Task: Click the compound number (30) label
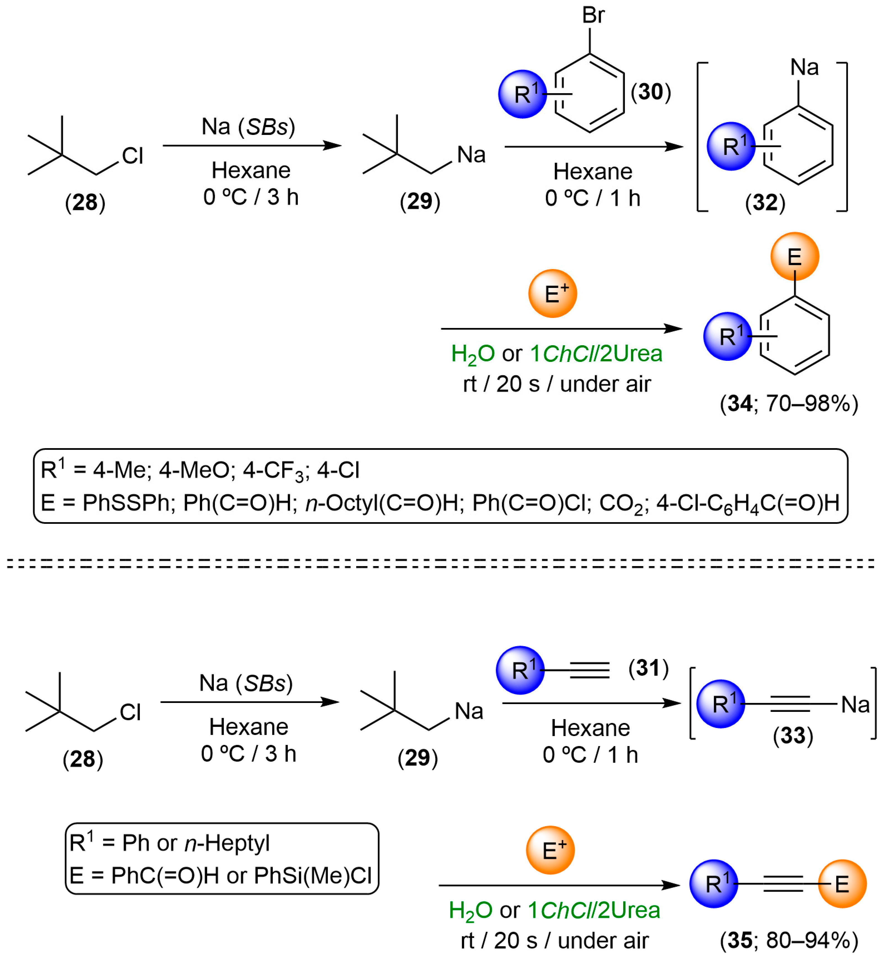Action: [x=650, y=92]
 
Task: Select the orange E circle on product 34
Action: [x=795, y=257]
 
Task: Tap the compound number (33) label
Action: [x=793, y=735]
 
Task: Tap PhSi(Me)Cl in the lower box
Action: [x=313, y=876]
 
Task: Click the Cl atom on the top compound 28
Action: [x=132, y=156]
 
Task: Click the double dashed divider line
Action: [x=441, y=563]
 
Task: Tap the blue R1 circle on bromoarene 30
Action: [x=522, y=94]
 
